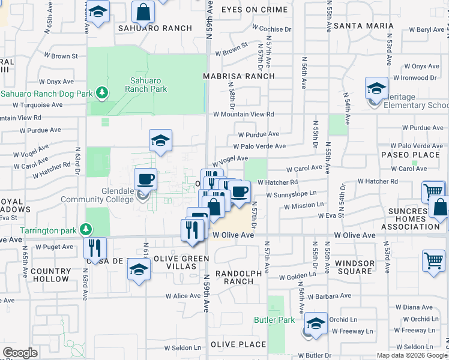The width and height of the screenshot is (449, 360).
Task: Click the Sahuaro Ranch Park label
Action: point(146,85)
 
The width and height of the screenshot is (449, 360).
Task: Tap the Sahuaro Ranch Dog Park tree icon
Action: point(103,93)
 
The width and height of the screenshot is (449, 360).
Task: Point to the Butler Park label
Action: point(274,320)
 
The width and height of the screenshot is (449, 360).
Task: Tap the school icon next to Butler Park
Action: point(316,323)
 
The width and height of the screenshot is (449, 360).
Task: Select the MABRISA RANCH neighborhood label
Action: point(238,76)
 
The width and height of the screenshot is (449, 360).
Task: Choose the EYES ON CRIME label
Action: point(256,10)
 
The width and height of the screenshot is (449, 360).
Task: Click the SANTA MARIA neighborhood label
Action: point(363,26)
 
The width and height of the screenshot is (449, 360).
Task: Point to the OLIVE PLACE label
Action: point(238,344)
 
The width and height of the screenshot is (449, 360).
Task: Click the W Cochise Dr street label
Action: point(271,28)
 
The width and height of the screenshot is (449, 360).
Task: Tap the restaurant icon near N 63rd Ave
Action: point(95,247)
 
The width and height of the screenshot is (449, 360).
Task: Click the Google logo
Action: point(20,353)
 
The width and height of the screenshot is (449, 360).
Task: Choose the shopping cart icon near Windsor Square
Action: point(433,262)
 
